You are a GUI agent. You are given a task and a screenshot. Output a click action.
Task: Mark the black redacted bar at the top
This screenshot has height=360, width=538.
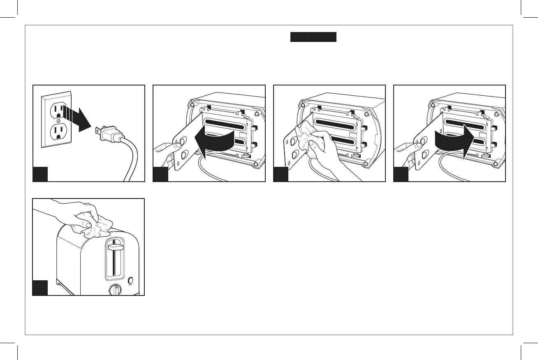(x=313, y=37)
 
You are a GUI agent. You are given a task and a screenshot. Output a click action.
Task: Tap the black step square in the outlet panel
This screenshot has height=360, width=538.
(x=41, y=174)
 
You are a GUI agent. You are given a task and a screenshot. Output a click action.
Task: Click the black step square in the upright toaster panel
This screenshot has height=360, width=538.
(x=40, y=288)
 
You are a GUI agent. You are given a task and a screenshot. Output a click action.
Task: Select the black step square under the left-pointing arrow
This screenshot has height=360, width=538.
(x=161, y=174)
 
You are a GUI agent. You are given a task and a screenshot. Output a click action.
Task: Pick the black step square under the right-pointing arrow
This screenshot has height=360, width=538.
(x=401, y=174)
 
